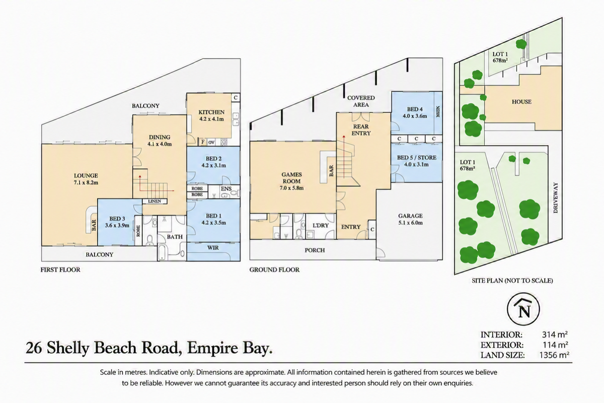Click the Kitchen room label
211,115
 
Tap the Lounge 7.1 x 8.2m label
86,179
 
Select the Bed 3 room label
117,222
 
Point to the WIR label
213,247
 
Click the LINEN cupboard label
155,201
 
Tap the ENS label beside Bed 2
226,189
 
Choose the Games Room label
291,181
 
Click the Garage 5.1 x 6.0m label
410,219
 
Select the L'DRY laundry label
320,225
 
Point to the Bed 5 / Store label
417,161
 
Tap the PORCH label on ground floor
315,250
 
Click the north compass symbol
523,309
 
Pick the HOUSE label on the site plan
521,102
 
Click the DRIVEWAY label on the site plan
556,197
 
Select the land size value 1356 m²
554,355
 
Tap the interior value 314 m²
555,334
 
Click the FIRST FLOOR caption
60,270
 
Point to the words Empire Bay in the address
230,348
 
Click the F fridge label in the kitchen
203,142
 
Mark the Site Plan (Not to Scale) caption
512,281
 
